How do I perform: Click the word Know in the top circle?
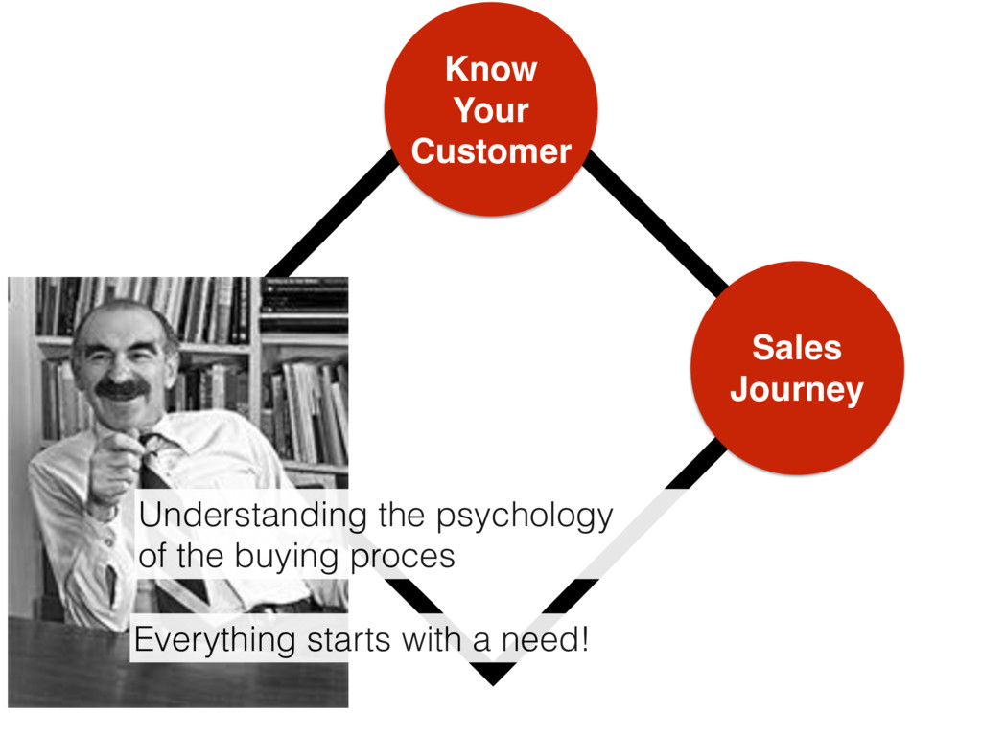pyautogui.click(x=490, y=70)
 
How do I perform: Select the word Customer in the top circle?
pyautogui.click(x=490, y=151)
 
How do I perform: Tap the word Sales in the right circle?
pyautogui.click(x=796, y=348)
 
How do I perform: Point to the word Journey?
pyautogui.click(x=796, y=390)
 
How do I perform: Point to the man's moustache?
pyautogui.click(x=123, y=389)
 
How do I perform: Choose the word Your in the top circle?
pyautogui.click(x=490, y=111)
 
